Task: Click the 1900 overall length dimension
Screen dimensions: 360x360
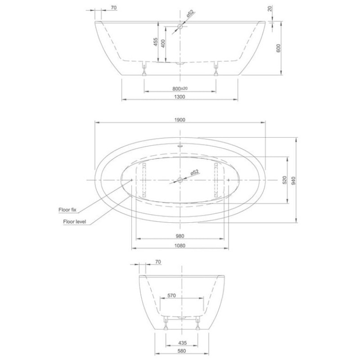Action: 180,120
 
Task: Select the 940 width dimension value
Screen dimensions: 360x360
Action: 293,181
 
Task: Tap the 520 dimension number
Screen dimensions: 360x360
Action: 285,180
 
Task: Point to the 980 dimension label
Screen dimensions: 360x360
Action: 180,236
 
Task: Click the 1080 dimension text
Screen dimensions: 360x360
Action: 180,245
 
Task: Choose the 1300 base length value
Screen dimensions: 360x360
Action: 180,97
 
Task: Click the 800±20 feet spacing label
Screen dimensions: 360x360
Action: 180,88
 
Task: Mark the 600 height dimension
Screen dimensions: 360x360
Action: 278,48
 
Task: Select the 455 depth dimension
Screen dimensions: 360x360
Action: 156,42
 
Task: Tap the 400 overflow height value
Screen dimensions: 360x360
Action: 163,43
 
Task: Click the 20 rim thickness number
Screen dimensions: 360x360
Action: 270,9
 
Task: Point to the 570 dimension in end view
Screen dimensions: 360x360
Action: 171,296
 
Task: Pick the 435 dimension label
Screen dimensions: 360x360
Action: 183,343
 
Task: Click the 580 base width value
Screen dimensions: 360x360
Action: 182,351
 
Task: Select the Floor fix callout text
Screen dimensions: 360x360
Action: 67,210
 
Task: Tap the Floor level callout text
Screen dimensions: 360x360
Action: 75,221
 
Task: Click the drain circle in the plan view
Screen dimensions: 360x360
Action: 180,180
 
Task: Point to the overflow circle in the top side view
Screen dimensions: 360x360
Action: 180,27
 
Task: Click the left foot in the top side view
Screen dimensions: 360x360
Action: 144,68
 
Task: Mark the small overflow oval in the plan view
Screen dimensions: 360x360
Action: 180,145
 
